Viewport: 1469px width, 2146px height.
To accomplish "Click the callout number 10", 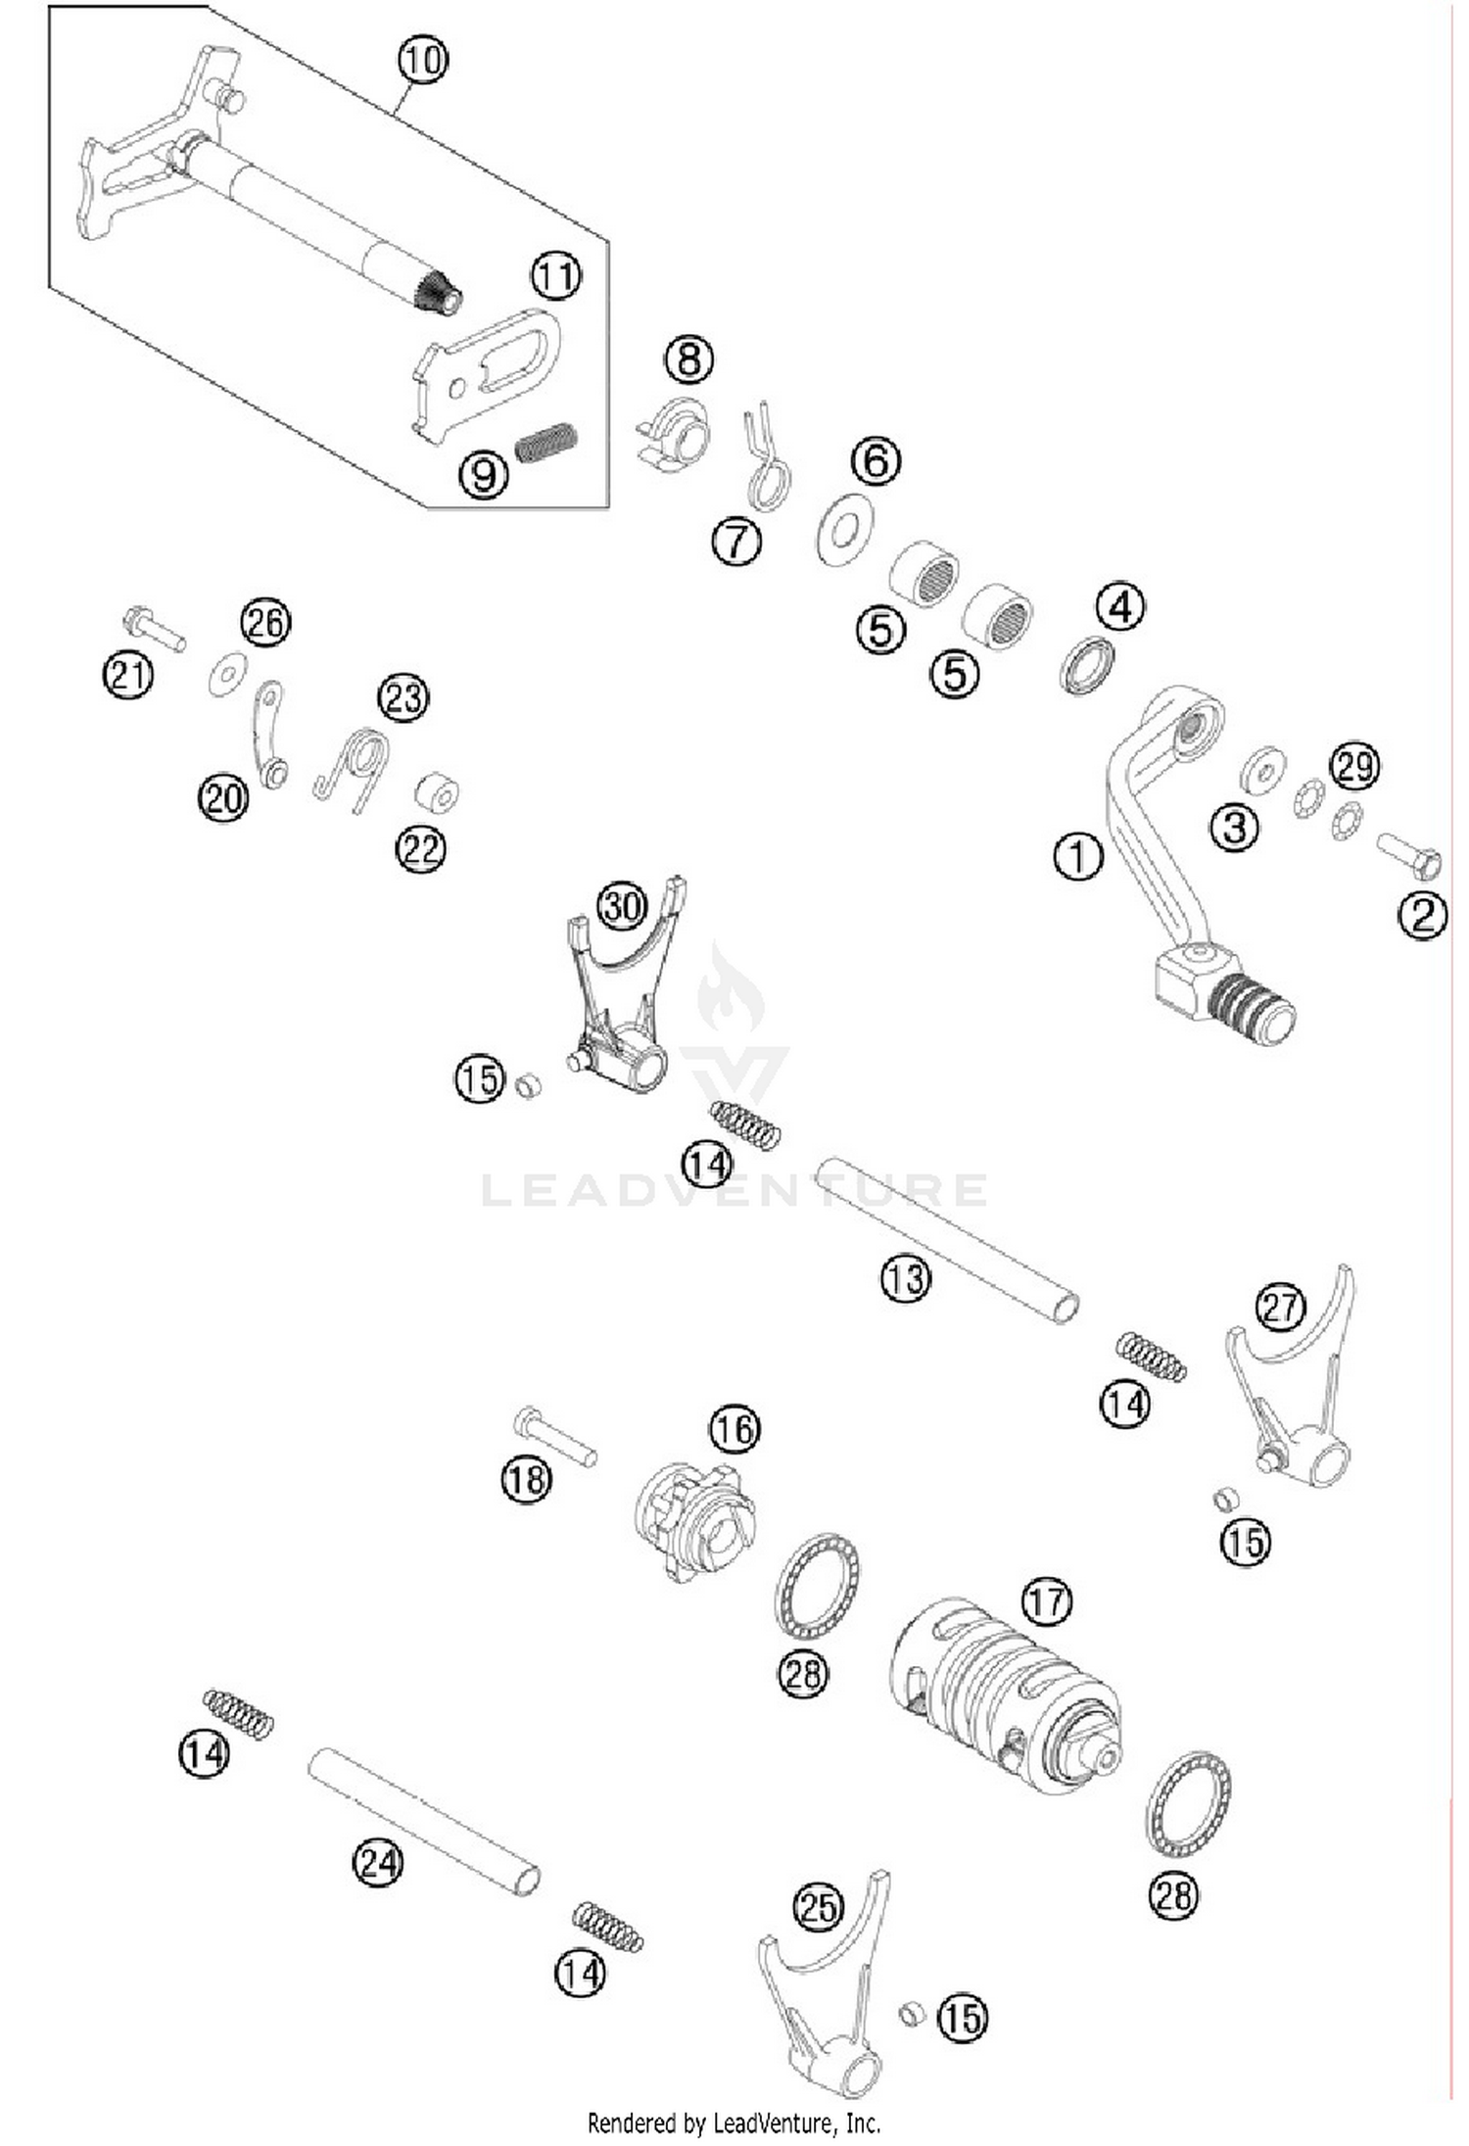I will pyautogui.click(x=423, y=60).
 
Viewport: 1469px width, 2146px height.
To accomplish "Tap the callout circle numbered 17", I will pyautogui.click(x=1046, y=1601).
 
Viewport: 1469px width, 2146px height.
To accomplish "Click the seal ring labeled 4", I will pyautogui.click(x=1087, y=666).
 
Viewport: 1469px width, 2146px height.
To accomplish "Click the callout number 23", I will pyautogui.click(x=403, y=698).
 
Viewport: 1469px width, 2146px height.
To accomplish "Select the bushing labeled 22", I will pyautogui.click(x=437, y=793).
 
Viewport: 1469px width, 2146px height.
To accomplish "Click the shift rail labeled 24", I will pyautogui.click(x=424, y=1821).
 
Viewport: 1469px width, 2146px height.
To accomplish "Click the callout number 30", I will pyautogui.click(x=623, y=907).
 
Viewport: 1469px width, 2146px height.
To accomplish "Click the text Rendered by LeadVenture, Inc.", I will pyautogui.click(x=734, y=2122).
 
